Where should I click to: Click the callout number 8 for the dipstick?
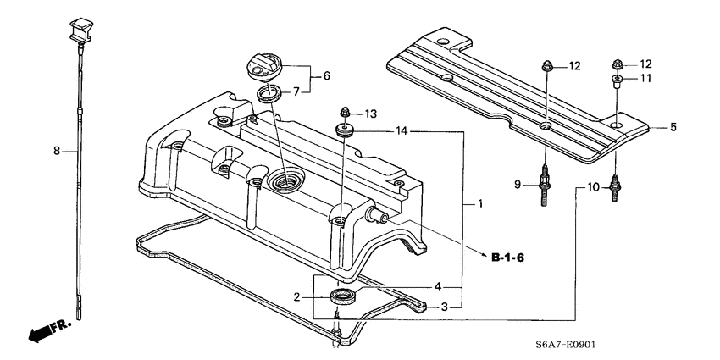[x=56, y=151]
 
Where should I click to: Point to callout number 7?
[x=296, y=91]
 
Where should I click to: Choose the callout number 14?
[x=402, y=131]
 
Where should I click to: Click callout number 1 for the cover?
[x=480, y=204]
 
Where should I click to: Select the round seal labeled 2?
[x=342, y=296]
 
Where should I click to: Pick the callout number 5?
[x=673, y=128]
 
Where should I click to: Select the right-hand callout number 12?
[x=645, y=64]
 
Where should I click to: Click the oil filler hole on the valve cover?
[x=286, y=180]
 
